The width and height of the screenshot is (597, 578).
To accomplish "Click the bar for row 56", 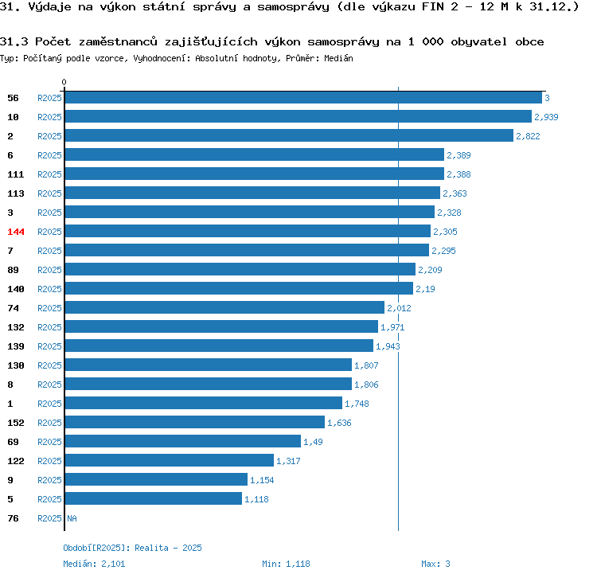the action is [303, 98].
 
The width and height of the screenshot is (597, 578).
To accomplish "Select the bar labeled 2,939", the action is [298, 116].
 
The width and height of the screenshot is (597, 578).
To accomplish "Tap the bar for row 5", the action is [154, 498].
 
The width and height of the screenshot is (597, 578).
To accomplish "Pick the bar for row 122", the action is [170, 460].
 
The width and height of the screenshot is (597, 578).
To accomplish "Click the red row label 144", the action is [16, 232].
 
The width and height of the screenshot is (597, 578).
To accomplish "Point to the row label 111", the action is [16, 174].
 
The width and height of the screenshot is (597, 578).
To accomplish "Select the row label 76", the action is [13, 518].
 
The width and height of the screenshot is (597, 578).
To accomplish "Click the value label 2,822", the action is [528, 136].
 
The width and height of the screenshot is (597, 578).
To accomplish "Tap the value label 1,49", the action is [313, 442].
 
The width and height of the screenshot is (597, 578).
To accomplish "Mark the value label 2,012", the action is [399, 308].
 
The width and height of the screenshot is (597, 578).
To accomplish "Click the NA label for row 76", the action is [72, 518].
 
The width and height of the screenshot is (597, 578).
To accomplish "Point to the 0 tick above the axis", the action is [64, 82].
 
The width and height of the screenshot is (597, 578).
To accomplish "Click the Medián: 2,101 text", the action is [94, 564].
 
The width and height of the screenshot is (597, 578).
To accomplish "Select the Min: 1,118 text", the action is [286, 564].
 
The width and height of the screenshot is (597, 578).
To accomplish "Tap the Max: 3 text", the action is [435, 564].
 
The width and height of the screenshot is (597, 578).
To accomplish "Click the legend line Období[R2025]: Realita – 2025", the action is [132, 548].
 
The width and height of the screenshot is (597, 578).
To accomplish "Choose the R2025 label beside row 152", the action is [49, 423].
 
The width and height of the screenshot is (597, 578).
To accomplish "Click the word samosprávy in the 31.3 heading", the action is [343, 41].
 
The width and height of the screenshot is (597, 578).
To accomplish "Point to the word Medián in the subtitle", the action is [338, 58].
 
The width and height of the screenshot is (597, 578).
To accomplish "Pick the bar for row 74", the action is [224, 307].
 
